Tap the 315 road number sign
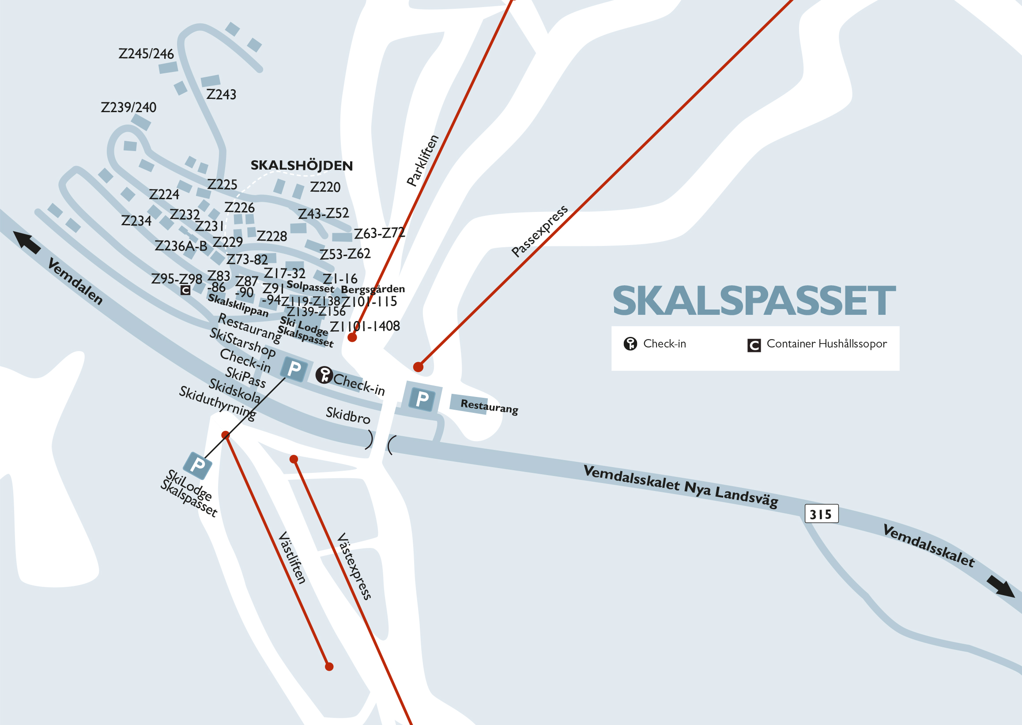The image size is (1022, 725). point(821,514)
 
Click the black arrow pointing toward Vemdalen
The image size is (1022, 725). point(27,242)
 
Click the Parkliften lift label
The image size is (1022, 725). point(422,160)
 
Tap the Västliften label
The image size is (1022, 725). point(292,558)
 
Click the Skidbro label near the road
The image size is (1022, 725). point(348,415)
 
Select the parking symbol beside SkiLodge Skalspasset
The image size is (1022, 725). point(198,466)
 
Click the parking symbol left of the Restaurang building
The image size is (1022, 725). point(422,398)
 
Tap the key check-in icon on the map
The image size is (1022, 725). point(324,375)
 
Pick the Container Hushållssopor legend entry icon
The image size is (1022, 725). point(754,345)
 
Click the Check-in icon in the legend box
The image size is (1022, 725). point(630,344)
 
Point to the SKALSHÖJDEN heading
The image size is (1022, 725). point(301,166)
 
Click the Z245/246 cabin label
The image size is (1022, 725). point(146,54)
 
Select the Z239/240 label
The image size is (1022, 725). point(128,108)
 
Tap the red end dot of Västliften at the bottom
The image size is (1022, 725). point(329,667)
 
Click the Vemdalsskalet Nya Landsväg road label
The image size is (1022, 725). point(680,486)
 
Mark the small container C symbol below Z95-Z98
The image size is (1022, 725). point(185,291)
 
